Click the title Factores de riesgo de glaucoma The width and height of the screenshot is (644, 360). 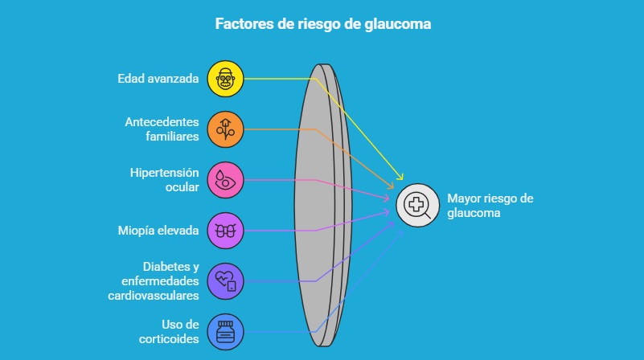point(322,24)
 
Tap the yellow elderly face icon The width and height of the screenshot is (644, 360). point(225,78)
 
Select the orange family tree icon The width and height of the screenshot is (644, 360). point(225,129)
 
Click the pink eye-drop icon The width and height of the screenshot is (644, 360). point(225,180)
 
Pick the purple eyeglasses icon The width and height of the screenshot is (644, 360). point(225,231)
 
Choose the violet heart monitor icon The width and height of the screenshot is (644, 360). point(225,281)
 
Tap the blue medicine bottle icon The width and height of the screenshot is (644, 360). point(225,331)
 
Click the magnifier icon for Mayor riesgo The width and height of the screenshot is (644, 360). point(418,206)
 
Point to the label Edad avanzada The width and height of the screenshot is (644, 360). point(158,78)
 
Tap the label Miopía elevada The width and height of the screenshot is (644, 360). point(158,231)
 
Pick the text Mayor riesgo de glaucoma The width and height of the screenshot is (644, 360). point(490,206)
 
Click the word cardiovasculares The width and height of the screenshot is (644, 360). point(153,296)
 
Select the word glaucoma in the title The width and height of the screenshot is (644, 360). point(399,24)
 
